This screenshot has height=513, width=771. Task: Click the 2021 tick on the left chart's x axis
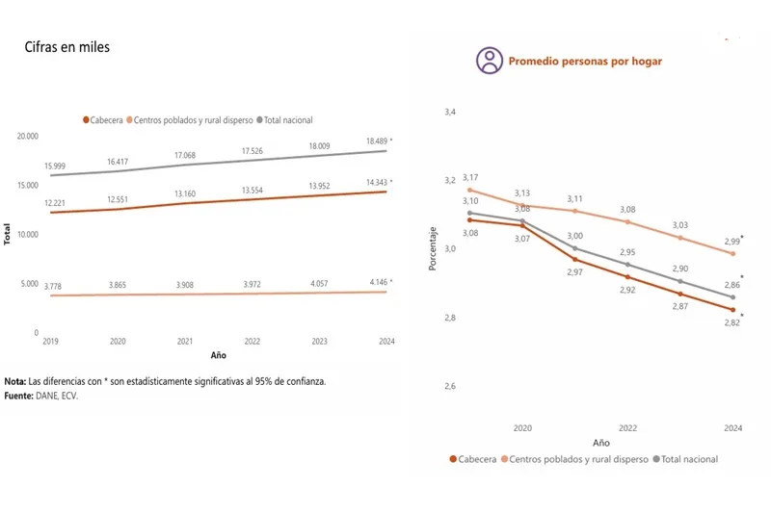(185, 342)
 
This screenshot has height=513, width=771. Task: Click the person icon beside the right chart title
(490, 61)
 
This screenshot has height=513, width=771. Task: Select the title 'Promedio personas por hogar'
(585, 62)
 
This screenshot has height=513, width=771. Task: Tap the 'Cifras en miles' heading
(67, 47)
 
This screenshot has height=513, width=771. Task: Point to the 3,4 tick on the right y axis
(450, 114)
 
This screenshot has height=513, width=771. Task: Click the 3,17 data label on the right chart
(470, 178)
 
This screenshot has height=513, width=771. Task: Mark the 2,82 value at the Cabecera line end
(731, 324)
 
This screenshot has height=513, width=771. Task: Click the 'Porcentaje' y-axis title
(433, 249)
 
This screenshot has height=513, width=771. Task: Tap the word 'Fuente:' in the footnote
(19, 395)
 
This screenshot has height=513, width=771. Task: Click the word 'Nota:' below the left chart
(15, 381)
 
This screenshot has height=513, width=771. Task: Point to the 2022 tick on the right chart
(627, 427)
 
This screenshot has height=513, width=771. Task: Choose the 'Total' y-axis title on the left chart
(9, 234)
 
